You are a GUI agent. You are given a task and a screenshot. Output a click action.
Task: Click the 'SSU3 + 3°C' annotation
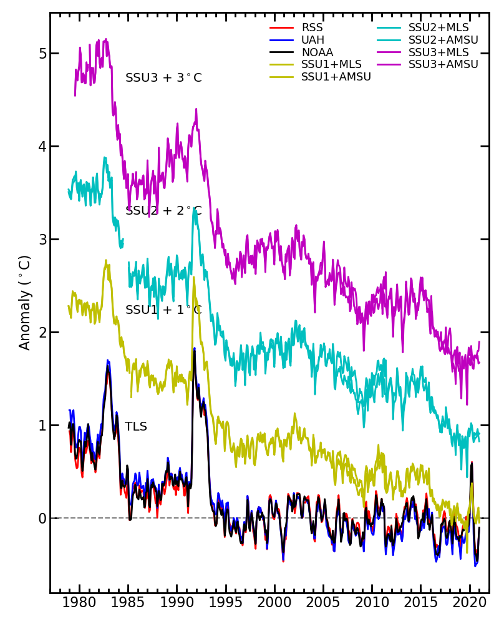(163, 78)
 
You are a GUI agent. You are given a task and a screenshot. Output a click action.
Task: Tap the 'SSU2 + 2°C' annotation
(163, 211)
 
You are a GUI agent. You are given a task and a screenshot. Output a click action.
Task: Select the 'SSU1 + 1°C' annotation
(163, 310)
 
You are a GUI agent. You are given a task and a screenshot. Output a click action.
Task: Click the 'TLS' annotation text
(136, 427)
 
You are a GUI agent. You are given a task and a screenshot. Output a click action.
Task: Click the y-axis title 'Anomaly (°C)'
(25, 303)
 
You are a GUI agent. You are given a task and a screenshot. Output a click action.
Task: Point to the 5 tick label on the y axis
(42, 54)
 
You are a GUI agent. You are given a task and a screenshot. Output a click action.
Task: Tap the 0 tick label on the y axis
(42, 519)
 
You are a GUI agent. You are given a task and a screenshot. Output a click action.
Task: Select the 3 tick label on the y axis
(42, 240)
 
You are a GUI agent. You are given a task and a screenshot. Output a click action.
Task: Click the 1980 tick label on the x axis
(79, 603)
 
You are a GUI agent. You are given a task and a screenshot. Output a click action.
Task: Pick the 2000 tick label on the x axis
(274, 603)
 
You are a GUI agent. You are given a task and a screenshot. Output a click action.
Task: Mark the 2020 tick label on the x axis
(469, 603)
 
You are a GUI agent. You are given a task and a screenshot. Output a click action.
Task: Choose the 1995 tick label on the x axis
(226, 603)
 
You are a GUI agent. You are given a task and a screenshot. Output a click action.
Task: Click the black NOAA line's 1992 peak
(194, 353)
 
